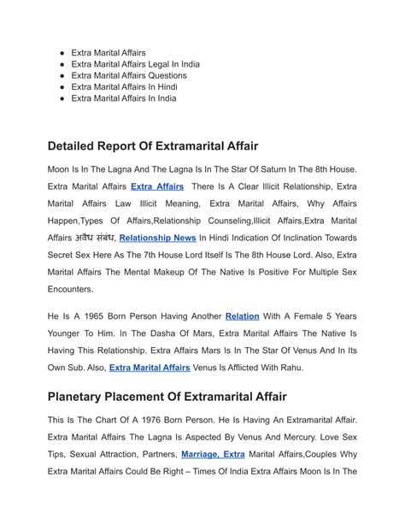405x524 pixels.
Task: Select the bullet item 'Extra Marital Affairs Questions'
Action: coord(129,75)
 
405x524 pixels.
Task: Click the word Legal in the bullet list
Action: coord(163,64)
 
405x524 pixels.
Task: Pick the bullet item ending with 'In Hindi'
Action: coord(124,86)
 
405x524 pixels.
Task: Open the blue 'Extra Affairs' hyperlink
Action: coord(157,186)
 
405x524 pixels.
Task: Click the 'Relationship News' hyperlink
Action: coord(158,238)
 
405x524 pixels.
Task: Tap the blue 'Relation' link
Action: coord(243,316)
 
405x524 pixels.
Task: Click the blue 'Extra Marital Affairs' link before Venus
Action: coord(150,368)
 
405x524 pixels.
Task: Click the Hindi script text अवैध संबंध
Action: coord(90,238)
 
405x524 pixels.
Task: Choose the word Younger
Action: coord(68,333)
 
